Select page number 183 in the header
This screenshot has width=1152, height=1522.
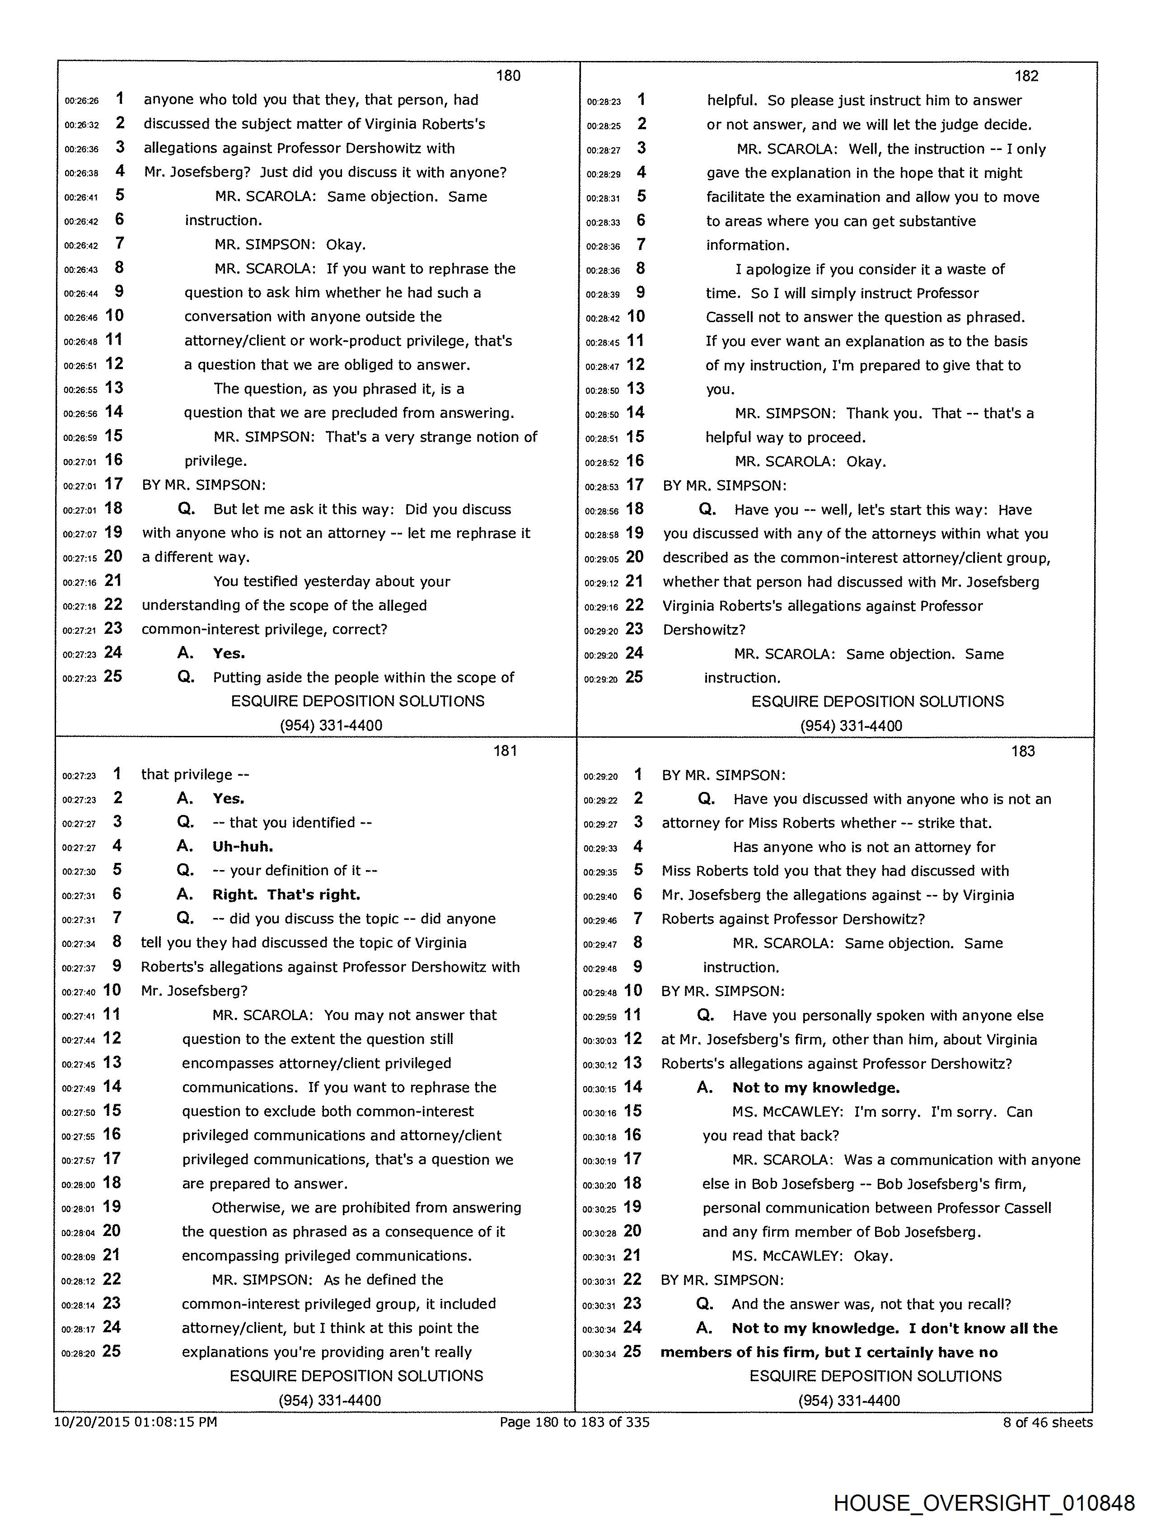1023,751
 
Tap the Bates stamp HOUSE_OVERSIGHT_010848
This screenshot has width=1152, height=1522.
983,1502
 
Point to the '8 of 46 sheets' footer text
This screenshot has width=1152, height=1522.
1047,1422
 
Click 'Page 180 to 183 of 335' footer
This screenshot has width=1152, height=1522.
575,1422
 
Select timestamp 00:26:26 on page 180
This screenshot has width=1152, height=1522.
82,100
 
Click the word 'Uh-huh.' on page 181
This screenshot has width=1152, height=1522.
243,846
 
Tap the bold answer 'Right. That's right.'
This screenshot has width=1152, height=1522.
286,894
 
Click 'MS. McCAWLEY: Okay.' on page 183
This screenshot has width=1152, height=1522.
812,1256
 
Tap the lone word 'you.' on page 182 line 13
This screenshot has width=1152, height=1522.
720,389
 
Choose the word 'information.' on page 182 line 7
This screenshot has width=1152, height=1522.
747,245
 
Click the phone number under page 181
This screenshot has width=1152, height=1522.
330,1400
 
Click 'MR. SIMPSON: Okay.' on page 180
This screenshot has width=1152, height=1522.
290,245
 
